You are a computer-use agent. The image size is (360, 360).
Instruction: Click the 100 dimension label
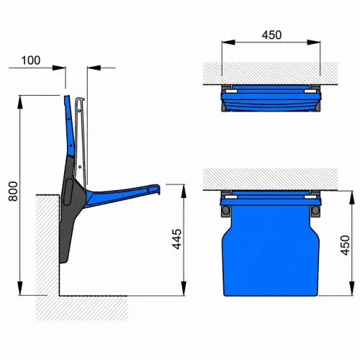31,60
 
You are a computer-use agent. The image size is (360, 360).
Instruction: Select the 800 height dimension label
13,192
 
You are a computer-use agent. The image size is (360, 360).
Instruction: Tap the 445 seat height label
177,239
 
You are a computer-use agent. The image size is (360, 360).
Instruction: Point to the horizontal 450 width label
271,35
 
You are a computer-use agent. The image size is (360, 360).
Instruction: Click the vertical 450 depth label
345,246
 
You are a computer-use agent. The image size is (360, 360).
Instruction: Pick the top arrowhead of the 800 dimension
20,102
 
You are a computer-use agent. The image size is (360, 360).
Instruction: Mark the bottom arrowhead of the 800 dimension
20,288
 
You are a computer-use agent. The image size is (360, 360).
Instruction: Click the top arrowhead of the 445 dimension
184,192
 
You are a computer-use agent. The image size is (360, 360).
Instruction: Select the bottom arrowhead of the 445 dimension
184,289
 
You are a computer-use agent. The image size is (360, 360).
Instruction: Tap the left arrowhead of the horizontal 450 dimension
228,42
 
